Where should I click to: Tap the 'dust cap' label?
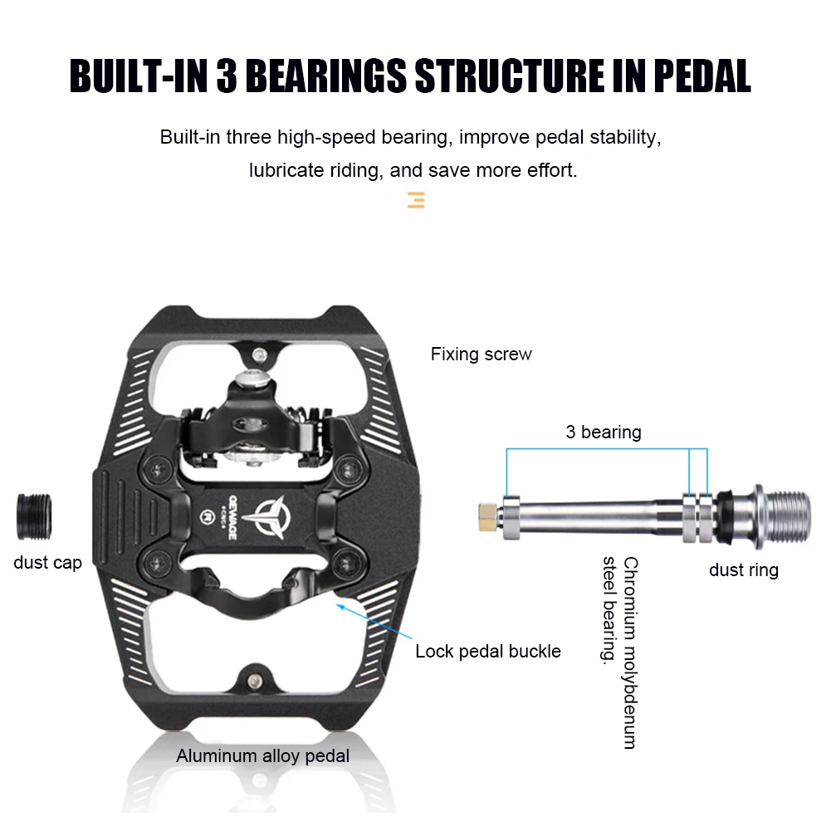pos(47,563)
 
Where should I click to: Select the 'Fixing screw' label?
pos(481,354)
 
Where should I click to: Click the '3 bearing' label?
pos(604,432)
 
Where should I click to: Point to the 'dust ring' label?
pos(743,569)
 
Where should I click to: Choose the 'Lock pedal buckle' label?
pos(488,651)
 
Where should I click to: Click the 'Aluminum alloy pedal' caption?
pos(262,755)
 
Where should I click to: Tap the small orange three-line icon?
pos(416,199)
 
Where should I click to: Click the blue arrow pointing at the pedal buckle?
pos(370,622)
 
